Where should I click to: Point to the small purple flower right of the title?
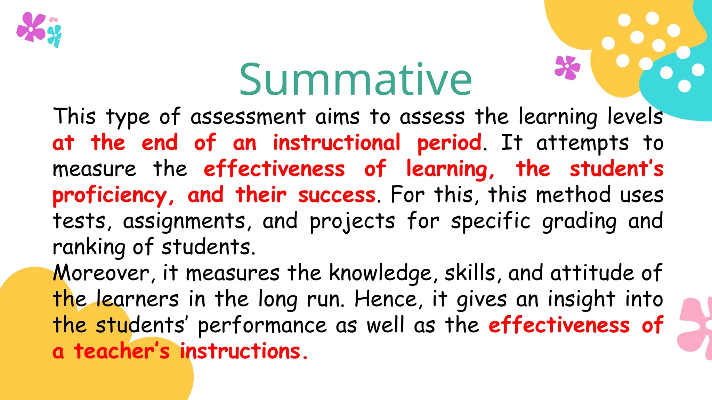pyautogui.click(x=567, y=67)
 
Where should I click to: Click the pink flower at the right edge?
pyautogui.click(x=694, y=328)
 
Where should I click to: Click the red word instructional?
pyautogui.click(x=336, y=143)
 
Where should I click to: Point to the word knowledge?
pyautogui.click(x=381, y=273)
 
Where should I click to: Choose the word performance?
pyautogui.click(x=262, y=326)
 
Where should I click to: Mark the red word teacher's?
pyautogui.click(x=122, y=351)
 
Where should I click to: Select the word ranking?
pyautogui.click(x=89, y=248)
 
